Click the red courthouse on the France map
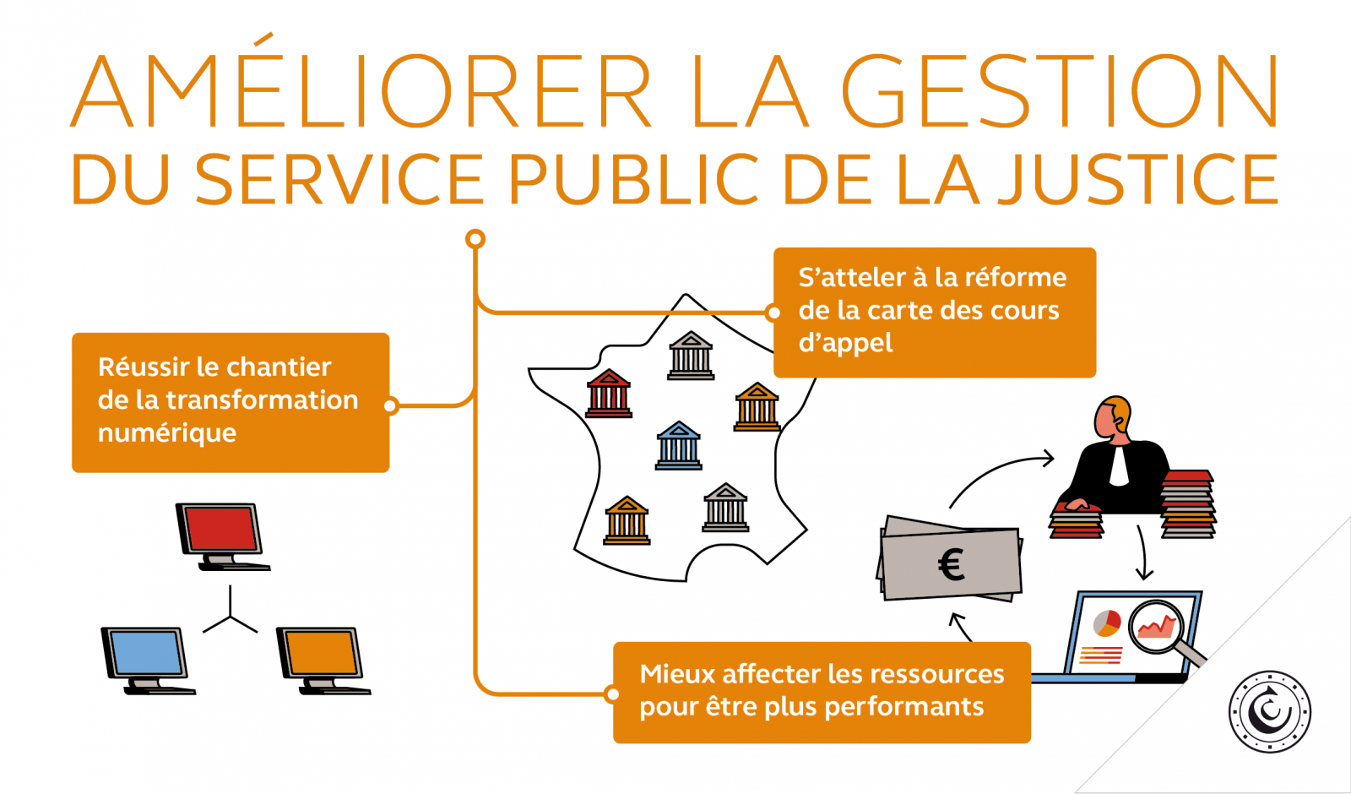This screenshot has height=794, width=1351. click(609, 394)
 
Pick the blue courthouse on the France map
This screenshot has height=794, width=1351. click(679, 445)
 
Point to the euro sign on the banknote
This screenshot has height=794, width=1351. click(952, 565)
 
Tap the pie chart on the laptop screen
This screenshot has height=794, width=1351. click(1106, 623)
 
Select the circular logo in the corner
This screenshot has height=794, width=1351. click(1269, 711)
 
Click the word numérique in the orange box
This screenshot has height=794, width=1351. click(167, 433)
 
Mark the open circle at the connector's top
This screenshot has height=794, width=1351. click(475, 239)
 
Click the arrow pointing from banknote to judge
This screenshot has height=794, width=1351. click(1001, 473)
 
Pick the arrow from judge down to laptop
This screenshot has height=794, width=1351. click(1142, 553)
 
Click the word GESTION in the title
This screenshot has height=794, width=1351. click(1061, 91)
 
